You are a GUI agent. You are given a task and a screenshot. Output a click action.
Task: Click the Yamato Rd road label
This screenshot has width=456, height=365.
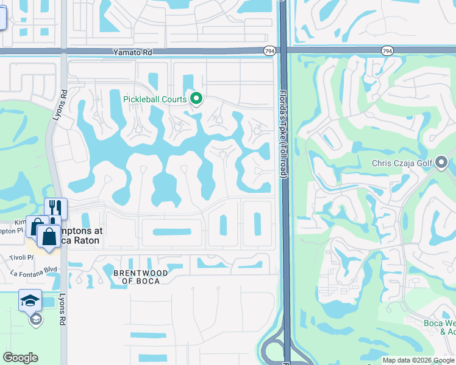(132, 53)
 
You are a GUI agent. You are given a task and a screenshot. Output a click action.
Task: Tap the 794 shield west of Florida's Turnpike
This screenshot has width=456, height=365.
(269, 52)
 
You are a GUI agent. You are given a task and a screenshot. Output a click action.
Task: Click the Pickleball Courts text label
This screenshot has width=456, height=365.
(155, 99)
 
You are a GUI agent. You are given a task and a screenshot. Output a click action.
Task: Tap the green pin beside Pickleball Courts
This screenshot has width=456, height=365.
(196, 98)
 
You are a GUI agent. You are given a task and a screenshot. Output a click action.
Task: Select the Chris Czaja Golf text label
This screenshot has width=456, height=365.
(402, 162)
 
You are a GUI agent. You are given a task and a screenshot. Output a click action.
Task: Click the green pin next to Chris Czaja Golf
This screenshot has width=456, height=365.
(443, 162)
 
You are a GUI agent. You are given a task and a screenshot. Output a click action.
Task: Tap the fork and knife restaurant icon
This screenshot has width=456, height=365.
(55, 208)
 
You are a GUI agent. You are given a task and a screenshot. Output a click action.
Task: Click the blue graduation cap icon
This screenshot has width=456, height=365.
(30, 300)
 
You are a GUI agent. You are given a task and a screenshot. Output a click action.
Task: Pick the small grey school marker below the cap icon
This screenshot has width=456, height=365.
(36, 318)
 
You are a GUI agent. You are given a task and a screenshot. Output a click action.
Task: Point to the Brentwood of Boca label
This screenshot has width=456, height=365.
(137, 277)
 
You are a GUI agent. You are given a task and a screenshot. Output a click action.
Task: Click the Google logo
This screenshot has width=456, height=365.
(20, 358)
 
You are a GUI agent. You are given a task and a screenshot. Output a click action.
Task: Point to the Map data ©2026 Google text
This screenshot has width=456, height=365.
(418, 360)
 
